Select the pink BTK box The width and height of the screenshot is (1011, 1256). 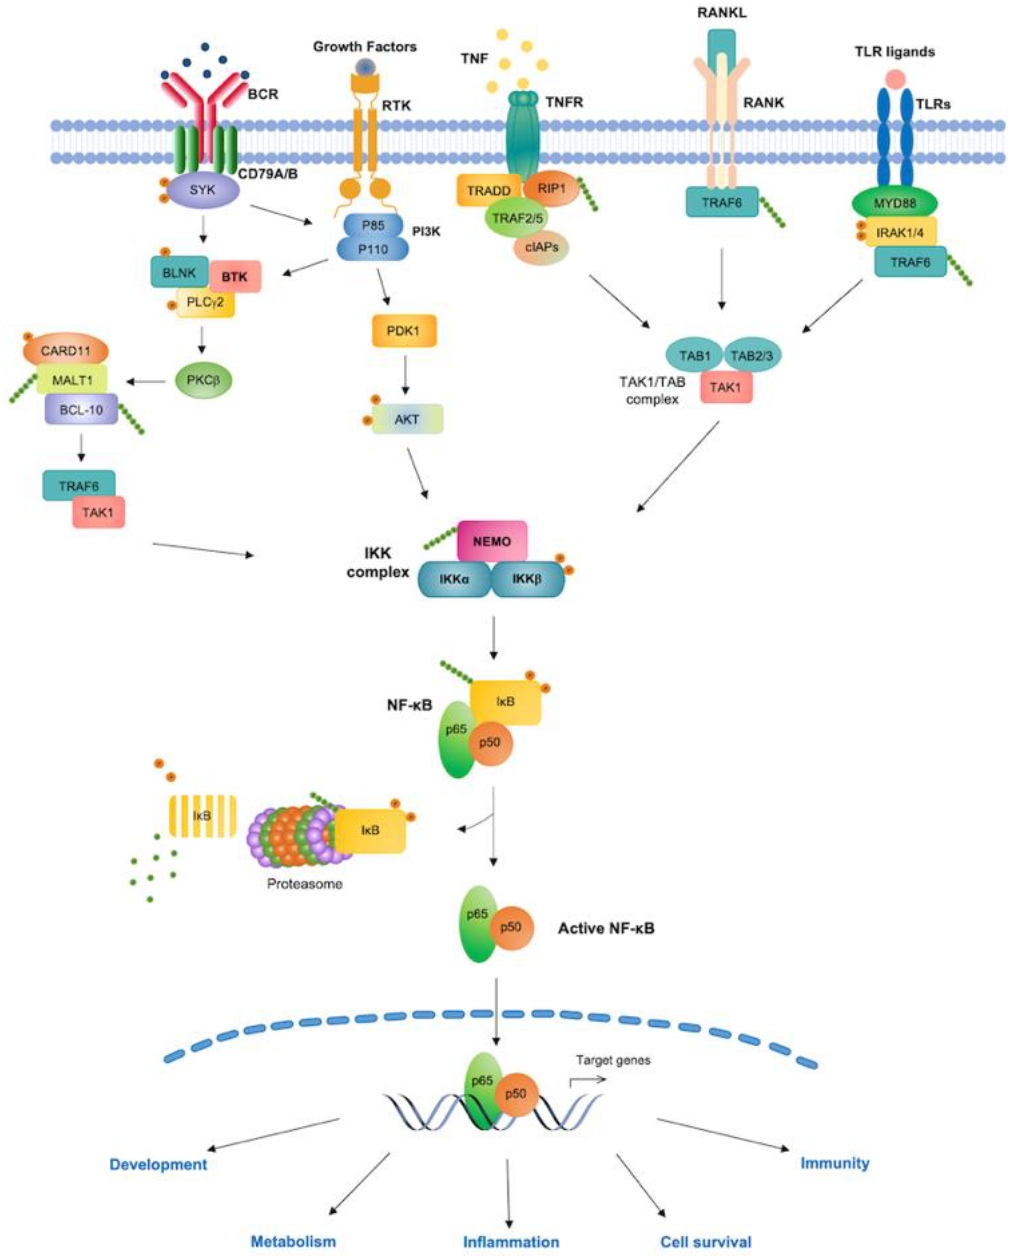234,277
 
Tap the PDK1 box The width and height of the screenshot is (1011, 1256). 403,331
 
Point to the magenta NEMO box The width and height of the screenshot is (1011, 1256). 492,541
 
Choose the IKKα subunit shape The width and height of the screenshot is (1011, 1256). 454,579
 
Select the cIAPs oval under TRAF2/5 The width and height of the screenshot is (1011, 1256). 541,247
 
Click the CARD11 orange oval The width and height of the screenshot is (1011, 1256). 66,351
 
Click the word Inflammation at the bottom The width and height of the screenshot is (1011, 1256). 511,1242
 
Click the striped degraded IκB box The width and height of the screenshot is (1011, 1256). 202,816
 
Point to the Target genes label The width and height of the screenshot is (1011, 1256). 613,1060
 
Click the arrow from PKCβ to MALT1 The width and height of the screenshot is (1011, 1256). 146,382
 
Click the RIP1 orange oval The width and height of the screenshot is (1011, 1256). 551,189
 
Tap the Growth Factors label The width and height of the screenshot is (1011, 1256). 364,47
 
